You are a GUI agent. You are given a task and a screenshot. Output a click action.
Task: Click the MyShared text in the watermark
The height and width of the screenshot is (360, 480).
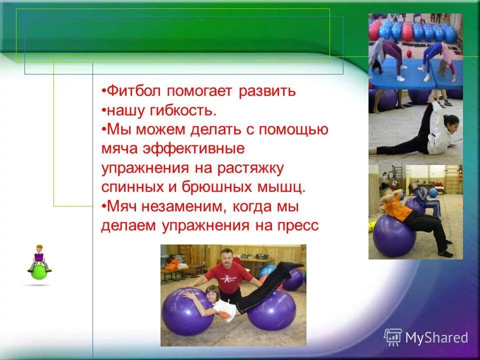coord(436,337)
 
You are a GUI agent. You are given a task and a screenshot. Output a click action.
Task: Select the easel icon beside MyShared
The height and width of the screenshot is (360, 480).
coord(393,337)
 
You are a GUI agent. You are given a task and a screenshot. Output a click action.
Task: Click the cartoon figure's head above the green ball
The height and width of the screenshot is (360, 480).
coord(39,248)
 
